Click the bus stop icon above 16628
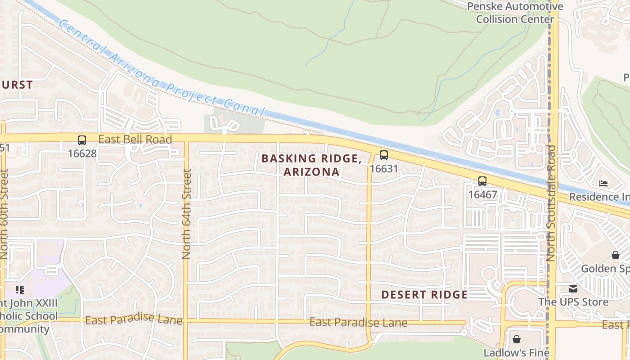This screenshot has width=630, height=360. tap(81, 140)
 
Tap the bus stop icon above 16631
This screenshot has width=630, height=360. tap(383, 155)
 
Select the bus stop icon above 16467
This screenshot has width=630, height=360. tap(482, 181)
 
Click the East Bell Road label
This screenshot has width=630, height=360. tap(135, 139)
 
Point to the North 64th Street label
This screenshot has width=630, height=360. tap(186, 214)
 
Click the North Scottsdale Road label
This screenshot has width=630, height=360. tap(551, 203)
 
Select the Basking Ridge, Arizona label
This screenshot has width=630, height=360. tap(311, 165)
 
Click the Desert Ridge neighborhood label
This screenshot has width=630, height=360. tap(424, 295)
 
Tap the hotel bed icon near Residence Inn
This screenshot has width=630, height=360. tap(603, 184)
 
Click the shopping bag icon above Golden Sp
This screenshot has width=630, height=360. tap(615, 255)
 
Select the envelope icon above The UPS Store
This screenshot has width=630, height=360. tap(573, 289)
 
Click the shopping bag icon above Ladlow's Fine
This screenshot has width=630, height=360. tap(517, 339)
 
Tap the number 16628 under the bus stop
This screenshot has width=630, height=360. tap(82, 153)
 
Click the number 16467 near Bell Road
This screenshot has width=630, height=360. tap(482, 195)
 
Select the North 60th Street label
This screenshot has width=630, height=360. tap(4, 214)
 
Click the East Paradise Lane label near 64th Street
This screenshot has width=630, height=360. tap(134, 320)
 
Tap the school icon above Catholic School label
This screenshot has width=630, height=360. tap(19, 289)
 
